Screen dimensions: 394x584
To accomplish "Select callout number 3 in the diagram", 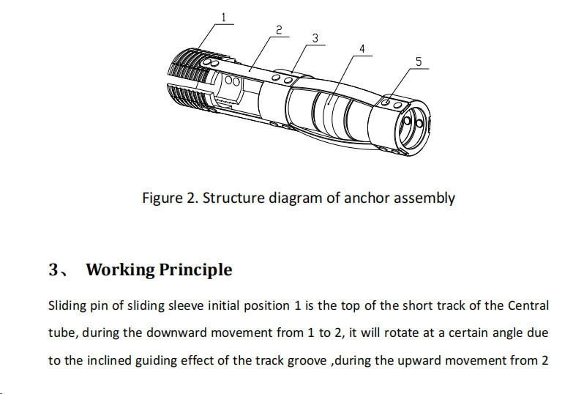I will pyautogui.click(x=314, y=37).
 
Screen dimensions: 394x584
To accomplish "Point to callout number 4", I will pyautogui.click(x=361, y=49).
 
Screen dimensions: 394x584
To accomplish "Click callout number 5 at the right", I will pyautogui.click(x=419, y=62).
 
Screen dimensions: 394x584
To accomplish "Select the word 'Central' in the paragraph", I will pyautogui.click(x=526, y=305).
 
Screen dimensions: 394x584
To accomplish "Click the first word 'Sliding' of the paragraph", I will pyautogui.click(x=67, y=305).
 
